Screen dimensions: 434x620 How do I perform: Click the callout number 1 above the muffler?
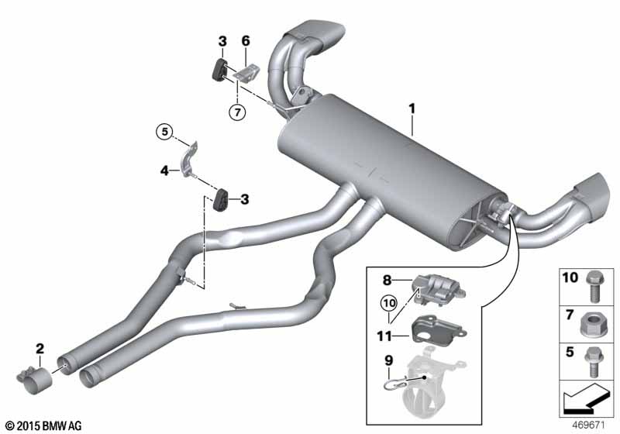pyautogui.click(x=413, y=111)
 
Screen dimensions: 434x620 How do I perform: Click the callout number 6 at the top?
pyautogui.click(x=246, y=41)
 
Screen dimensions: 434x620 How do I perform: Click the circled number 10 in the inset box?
pyautogui.click(x=387, y=305)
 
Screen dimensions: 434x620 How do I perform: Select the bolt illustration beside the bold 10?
pyautogui.click(x=598, y=282)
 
